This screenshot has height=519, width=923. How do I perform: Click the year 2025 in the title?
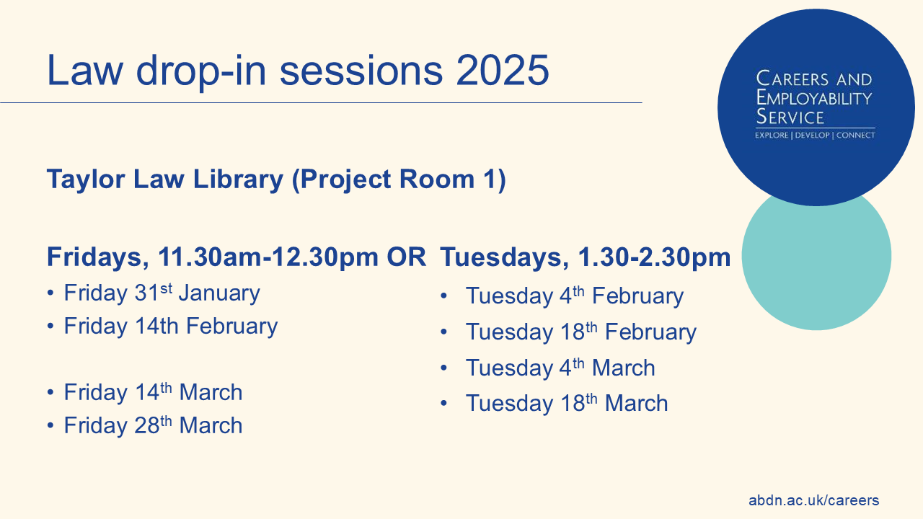[503, 70]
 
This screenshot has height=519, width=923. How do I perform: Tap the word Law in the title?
[85, 70]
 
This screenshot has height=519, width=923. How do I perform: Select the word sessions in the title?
[361, 70]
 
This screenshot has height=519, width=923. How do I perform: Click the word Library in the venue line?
[238, 180]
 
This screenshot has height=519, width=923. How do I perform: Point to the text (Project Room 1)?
[399, 180]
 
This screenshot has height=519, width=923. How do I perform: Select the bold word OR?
[406, 257]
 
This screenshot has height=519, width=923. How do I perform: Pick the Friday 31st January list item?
[162, 293]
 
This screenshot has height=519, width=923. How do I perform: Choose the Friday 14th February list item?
[171, 327]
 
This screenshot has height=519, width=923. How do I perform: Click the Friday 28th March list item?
[153, 425]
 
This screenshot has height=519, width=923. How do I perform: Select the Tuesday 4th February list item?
[575, 296]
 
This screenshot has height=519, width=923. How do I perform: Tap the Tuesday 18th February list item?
[581, 332]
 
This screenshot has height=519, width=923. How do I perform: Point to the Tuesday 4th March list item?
[560, 368]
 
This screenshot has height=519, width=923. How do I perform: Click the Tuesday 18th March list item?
[567, 403]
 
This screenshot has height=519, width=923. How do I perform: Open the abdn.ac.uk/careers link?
[814, 500]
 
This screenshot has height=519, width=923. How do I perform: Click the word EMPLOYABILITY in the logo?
[814, 99]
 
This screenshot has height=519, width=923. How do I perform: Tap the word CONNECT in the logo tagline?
[855, 136]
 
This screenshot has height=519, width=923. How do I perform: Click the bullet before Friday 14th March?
[50, 392]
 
